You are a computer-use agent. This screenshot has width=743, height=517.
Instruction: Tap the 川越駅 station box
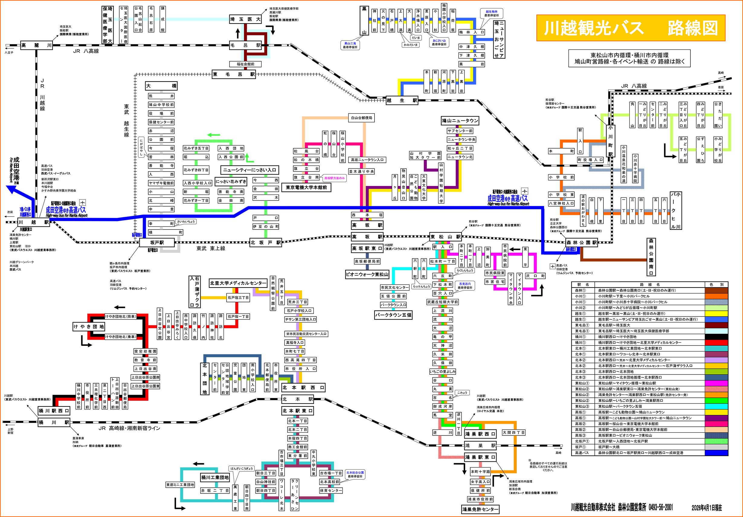[x=33, y=222]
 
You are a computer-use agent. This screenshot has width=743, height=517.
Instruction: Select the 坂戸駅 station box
[x=157, y=242]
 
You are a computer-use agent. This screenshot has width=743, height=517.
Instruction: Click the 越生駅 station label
[x=402, y=100]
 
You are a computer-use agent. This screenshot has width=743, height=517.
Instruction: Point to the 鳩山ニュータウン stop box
[x=460, y=121]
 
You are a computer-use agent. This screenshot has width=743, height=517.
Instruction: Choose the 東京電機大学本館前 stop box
[x=306, y=187]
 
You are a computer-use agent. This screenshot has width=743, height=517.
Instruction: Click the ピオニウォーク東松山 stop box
[x=367, y=274]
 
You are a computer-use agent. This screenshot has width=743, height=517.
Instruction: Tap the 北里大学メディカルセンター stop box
[x=238, y=283]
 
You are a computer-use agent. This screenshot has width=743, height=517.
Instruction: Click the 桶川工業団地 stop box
[x=215, y=477]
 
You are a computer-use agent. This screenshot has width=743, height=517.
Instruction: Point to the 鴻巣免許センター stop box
[x=480, y=509]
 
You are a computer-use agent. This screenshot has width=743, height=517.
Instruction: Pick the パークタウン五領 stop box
[x=393, y=314]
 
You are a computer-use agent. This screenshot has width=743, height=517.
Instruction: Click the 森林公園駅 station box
[x=581, y=242]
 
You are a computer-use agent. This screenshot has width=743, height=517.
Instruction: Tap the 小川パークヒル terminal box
[x=675, y=210]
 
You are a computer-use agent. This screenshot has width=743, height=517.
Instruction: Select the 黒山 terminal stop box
[x=364, y=20]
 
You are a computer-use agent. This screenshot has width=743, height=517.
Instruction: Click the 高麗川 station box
[x=36, y=45]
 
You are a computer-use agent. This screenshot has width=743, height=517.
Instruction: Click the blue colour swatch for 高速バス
[x=716, y=453]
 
